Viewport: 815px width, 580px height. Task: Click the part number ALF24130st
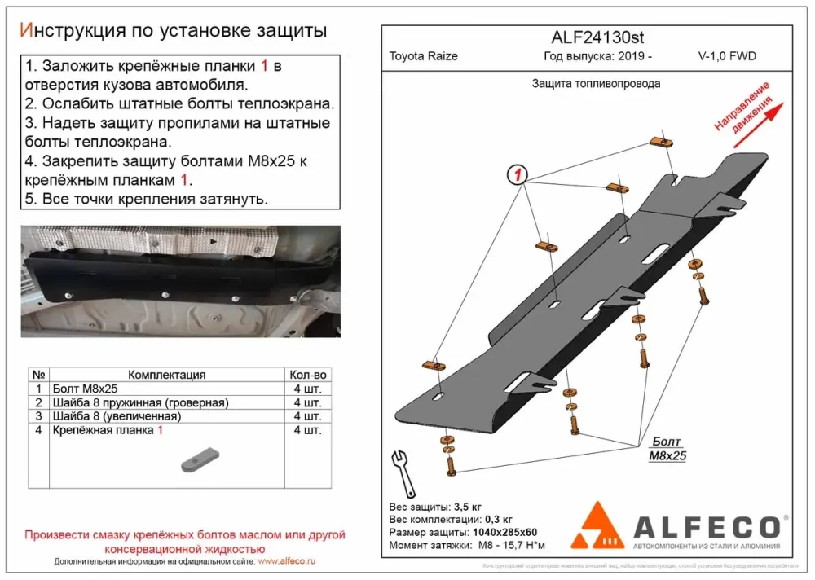pyautogui.click(x=587, y=37)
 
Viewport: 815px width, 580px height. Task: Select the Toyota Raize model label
pyautogui.click(x=423, y=56)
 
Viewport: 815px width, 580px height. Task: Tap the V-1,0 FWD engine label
pyautogui.click(x=727, y=56)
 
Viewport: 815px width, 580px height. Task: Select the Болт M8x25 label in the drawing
pyautogui.click(x=667, y=449)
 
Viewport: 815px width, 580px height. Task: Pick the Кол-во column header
pyautogui.click(x=307, y=375)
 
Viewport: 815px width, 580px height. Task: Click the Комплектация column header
pyautogui.click(x=167, y=375)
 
